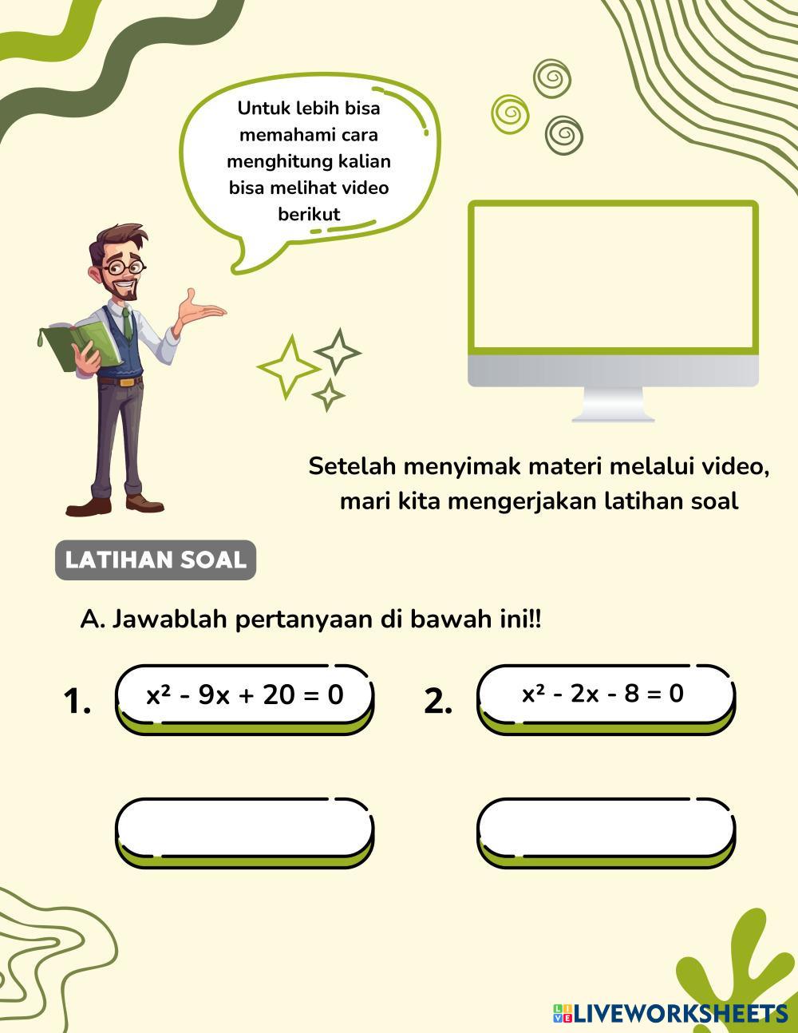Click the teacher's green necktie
click(x=127, y=323)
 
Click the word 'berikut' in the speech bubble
click(x=309, y=214)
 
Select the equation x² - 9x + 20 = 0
click(x=244, y=695)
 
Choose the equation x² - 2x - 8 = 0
click(x=603, y=693)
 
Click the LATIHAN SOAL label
click(x=156, y=560)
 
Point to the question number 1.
click(x=77, y=701)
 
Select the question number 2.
click(x=438, y=701)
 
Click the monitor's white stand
click(x=613, y=405)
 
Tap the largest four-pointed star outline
click(x=288, y=367)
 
